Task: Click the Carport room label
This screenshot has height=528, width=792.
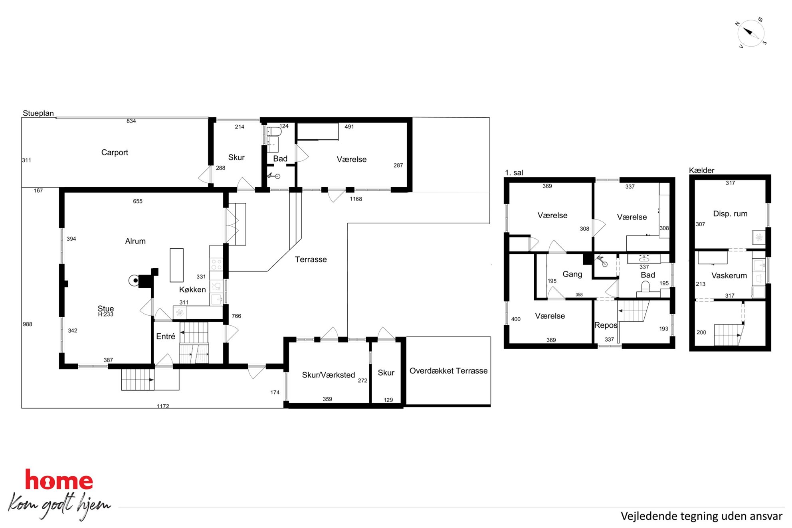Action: pos(115,152)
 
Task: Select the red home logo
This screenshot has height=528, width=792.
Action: pos(59,480)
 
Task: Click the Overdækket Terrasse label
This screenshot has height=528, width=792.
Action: pos(448,371)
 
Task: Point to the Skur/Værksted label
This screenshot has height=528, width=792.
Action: pos(328,375)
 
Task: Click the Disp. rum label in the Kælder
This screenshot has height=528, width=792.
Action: pos(730,214)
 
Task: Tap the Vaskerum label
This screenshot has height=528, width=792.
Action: pos(729,275)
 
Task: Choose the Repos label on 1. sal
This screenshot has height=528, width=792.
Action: pos(606,325)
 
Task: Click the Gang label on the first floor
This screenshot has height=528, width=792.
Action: pos(572,274)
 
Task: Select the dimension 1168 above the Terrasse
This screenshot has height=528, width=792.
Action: pos(356,199)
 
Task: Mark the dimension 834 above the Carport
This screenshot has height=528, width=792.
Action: pos(131,121)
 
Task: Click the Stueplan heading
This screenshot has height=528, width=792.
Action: pos(38,113)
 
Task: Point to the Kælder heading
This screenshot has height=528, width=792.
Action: pos(701,170)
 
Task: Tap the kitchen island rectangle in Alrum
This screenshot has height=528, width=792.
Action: pos(176,265)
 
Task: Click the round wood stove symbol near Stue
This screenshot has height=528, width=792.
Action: pos(134,281)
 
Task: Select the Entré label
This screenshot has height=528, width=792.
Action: pos(166,336)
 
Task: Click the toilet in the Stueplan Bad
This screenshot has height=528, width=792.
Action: pos(274,131)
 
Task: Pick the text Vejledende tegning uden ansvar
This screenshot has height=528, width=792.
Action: pos(701,516)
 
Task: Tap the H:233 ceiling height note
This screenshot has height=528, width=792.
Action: pos(106,314)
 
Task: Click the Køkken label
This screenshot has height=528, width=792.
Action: pos(192,290)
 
